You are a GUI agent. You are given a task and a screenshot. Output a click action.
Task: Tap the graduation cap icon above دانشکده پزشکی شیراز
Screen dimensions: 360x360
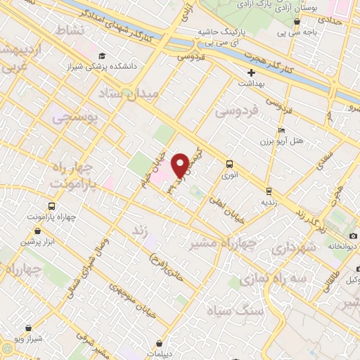[102, 56]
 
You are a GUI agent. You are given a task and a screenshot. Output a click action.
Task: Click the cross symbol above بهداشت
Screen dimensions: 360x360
[251, 72]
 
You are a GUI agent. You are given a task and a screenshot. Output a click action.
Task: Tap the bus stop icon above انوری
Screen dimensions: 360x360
[229, 164]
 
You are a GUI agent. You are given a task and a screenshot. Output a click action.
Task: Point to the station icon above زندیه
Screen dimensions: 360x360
[268, 191]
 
